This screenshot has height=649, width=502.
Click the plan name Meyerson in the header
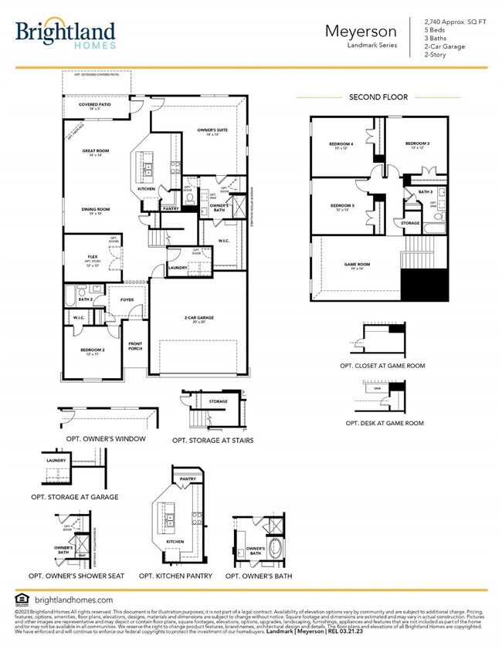(x=361, y=32)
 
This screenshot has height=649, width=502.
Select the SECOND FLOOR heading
(x=378, y=97)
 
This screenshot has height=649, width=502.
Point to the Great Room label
(x=97, y=153)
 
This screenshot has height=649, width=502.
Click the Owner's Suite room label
(x=213, y=132)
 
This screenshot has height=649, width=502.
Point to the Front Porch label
(x=136, y=346)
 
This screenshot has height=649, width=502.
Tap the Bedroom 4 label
(x=341, y=145)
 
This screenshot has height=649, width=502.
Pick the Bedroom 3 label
(x=417, y=145)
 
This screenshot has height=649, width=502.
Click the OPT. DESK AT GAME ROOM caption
(x=384, y=424)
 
